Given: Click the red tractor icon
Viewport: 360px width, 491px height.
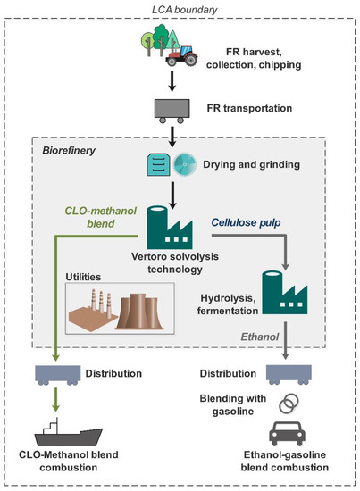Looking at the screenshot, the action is pos(182,55).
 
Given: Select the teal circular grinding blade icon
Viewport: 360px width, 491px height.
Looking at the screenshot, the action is pos(185,164).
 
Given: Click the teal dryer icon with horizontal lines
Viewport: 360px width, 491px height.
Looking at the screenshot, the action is pos(158,165).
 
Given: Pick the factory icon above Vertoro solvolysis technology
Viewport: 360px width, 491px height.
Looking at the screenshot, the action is pos(170,228).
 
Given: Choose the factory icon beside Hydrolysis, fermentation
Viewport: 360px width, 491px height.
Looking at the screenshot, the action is pos(284,293).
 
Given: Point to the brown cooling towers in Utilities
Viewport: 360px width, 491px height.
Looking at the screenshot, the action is pos(139,312).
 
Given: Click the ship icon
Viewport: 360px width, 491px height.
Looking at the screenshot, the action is pos(68,432).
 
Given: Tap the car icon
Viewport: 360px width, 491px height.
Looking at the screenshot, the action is pos(287,434).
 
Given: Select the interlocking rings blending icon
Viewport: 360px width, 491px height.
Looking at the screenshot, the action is pos(289,404).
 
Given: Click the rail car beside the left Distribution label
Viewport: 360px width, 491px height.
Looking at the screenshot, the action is pos(58,375).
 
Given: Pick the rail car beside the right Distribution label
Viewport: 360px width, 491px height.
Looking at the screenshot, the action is pos(289,375).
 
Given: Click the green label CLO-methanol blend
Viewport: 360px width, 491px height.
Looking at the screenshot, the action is pos(101,217).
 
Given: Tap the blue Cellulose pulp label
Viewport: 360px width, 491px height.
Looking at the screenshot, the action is pos(246,222).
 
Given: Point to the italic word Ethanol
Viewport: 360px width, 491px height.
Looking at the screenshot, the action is pos(260,337).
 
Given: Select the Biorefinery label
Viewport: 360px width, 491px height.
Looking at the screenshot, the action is pos(69,151).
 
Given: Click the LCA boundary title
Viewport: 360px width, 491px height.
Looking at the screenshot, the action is pos(185,10).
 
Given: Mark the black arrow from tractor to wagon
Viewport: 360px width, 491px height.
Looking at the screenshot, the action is pos(172,81).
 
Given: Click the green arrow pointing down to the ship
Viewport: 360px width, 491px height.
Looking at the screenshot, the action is pos(55,400).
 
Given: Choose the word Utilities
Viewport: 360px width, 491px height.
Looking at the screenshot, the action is pos(83,277).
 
